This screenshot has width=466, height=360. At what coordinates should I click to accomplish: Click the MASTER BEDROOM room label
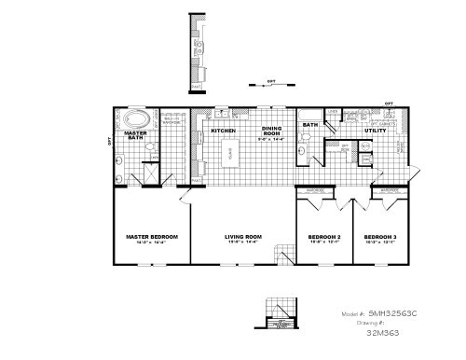pos(151,237)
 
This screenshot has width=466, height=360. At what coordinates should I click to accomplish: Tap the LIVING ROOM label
pos(242,237)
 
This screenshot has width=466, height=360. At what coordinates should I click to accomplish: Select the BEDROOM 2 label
pos(324,237)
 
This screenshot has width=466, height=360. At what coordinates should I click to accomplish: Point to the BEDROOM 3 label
pos(380,237)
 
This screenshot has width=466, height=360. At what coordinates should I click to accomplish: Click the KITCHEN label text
pos(223,131)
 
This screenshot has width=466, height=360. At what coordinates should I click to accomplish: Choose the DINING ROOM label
pos(271,132)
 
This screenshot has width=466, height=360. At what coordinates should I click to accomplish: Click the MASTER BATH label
pos(135,137)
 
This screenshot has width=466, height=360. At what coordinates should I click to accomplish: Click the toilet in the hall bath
pos(305,141)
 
